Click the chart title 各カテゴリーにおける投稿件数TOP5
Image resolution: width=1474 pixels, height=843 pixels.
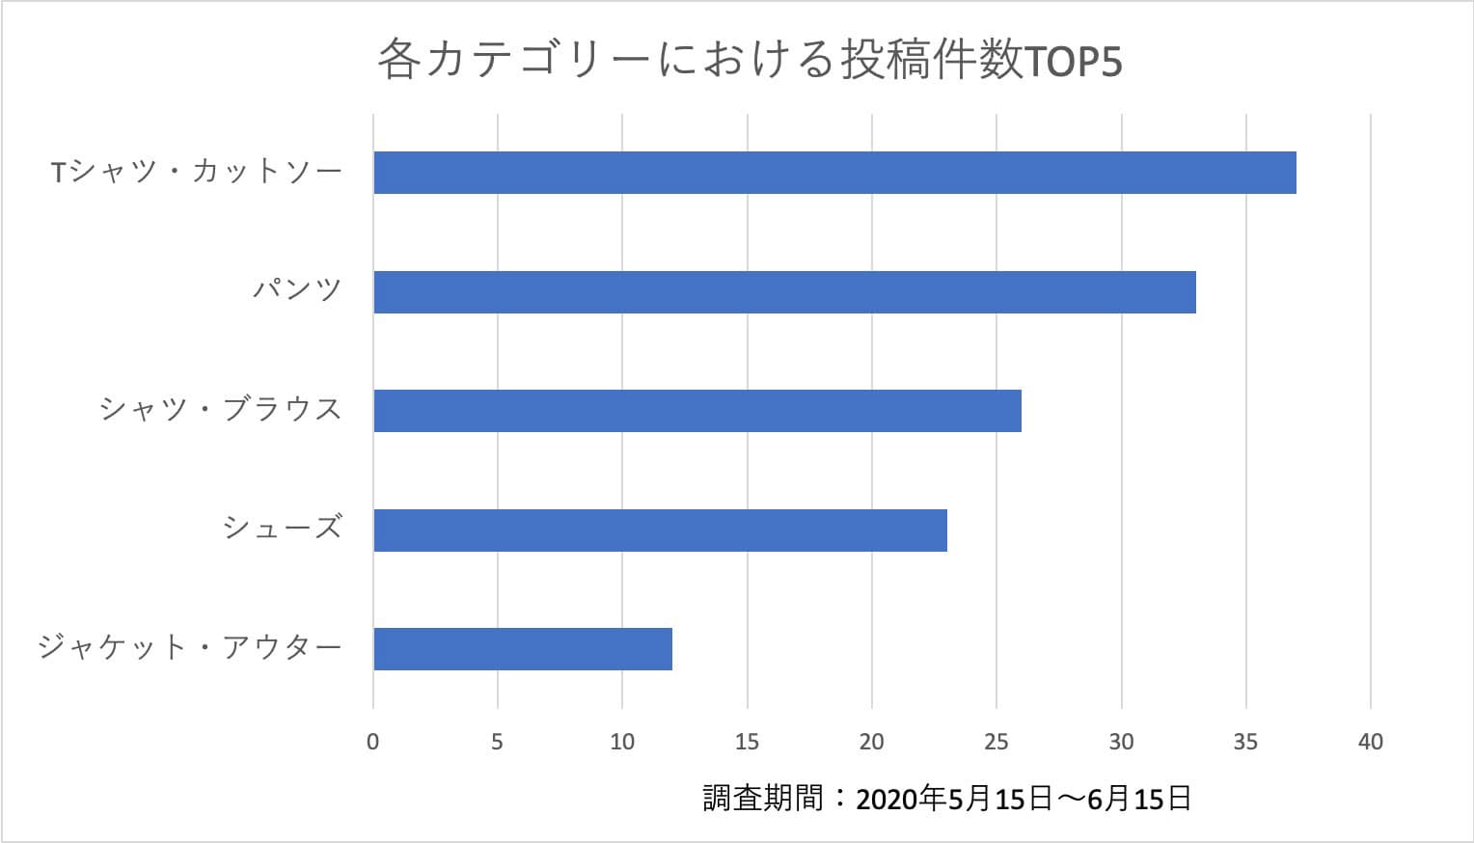(x=750, y=61)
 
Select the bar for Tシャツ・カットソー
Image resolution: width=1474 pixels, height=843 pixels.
(x=834, y=173)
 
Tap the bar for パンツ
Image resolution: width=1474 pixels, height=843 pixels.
(x=784, y=292)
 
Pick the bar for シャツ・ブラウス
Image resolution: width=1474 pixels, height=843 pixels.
(x=697, y=411)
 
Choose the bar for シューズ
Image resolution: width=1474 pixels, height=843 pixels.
(x=660, y=530)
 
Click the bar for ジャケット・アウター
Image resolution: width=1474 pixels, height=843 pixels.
(x=523, y=649)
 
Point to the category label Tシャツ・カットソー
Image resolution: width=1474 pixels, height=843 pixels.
(x=197, y=173)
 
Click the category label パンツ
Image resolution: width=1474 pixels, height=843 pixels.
(x=297, y=289)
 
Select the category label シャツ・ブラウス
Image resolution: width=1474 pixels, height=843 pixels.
(x=221, y=409)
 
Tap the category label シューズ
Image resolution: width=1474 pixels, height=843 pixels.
(x=283, y=528)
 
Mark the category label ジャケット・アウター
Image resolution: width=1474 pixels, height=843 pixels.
(x=190, y=646)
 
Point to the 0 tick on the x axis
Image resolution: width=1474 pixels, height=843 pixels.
(x=373, y=742)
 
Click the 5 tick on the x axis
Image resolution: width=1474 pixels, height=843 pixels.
(x=498, y=742)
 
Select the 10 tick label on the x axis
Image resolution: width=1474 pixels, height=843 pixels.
(x=622, y=742)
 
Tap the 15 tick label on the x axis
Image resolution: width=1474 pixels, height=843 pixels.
(x=747, y=742)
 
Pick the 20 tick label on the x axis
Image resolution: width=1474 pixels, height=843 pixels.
(x=871, y=742)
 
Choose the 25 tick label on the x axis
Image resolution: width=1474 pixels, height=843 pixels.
(x=996, y=742)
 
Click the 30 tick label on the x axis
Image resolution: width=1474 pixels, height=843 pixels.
(x=1121, y=742)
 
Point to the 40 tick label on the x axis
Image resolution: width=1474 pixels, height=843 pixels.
(x=1370, y=742)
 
